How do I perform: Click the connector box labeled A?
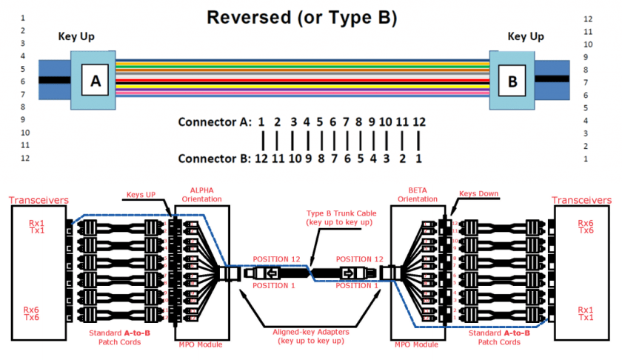point(95,81)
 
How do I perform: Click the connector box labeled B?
point(512,81)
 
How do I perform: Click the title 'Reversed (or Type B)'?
point(302,17)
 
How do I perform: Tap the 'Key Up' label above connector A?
point(76,36)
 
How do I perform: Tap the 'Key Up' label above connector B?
point(526,36)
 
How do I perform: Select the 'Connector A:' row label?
point(212,121)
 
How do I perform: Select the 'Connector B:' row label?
point(212,159)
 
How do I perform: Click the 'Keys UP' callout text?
point(141,195)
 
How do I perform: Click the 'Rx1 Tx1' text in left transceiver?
point(36,226)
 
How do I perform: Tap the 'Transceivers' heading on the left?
point(39,201)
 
